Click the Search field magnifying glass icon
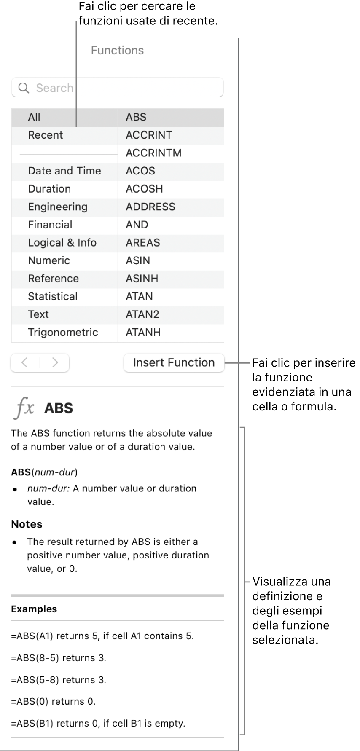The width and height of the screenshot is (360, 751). pos(24,88)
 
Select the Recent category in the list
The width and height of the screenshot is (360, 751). pos(45,135)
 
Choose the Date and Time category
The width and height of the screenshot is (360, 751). pos(64,171)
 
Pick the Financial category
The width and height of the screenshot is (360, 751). pos(50,225)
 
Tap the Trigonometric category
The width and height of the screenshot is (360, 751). pos(63,333)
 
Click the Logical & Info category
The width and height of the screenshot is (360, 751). pos(62,243)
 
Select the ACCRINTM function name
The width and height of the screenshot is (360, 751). pos(153,153)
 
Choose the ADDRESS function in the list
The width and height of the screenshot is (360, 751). pos(150,207)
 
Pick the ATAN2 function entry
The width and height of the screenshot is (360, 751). pos(142,314)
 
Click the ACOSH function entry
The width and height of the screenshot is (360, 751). pos(144,189)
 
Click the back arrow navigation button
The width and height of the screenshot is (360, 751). pos(25,363)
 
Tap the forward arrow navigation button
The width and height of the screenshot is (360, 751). pos(55,363)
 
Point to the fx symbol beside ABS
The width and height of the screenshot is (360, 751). pos(24,408)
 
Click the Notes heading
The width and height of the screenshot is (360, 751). pos(27,524)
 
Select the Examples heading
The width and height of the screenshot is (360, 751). pos(34,609)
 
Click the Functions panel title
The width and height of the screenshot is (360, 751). pos(117,51)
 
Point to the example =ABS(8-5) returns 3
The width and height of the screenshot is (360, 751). pos(58,658)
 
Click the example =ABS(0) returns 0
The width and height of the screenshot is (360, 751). pos(53,702)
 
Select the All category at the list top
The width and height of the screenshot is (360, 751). pos(34,117)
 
